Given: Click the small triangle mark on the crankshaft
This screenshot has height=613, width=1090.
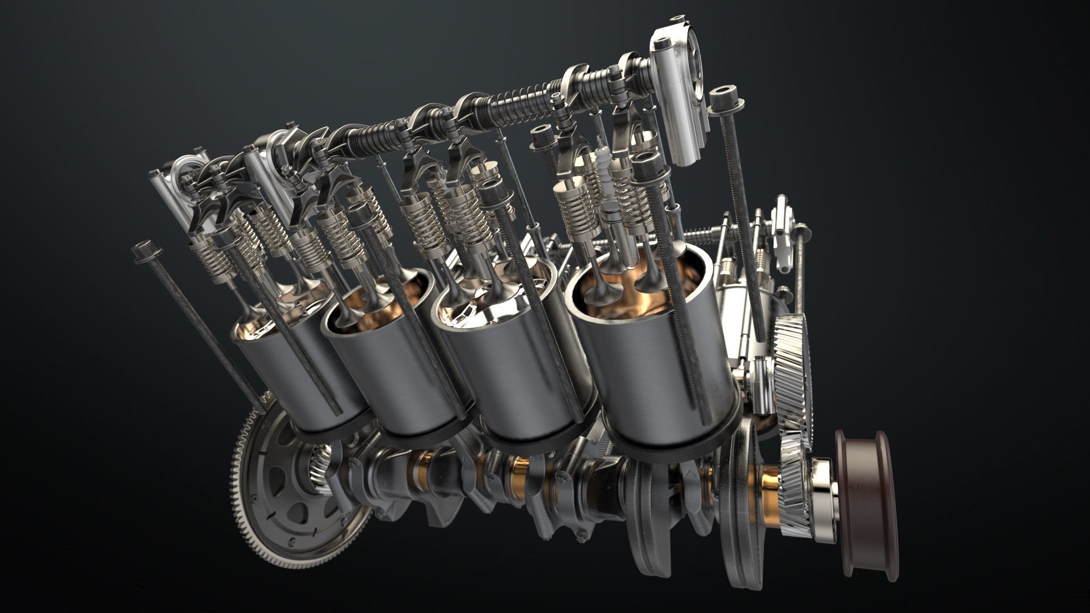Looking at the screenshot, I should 690,472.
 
